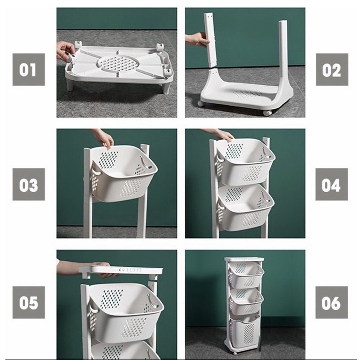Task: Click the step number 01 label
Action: click(x=29, y=69)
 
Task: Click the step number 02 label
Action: click(x=332, y=69)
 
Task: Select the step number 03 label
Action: click(x=29, y=184)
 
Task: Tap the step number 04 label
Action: click(x=332, y=184)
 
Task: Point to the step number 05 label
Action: click(x=29, y=302)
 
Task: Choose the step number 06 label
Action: click(x=332, y=302)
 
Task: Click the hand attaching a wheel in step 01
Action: click(x=66, y=51)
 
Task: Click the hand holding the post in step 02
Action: click(x=197, y=39)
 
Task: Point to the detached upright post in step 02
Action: click(x=210, y=40)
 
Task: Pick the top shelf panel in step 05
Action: click(x=121, y=271)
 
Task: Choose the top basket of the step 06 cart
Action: click(x=247, y=276)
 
